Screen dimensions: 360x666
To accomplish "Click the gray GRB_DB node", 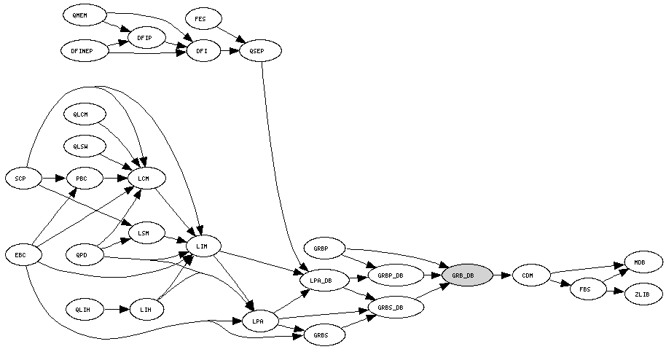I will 466,275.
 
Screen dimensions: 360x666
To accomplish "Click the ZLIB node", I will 643,294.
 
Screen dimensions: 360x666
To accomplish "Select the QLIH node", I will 84,310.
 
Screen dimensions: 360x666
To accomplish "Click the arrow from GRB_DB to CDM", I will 502,275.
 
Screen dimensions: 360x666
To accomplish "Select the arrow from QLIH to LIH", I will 116,310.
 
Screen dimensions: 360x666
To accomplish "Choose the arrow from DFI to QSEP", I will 230,52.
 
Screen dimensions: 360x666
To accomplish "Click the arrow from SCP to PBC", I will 52,178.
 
